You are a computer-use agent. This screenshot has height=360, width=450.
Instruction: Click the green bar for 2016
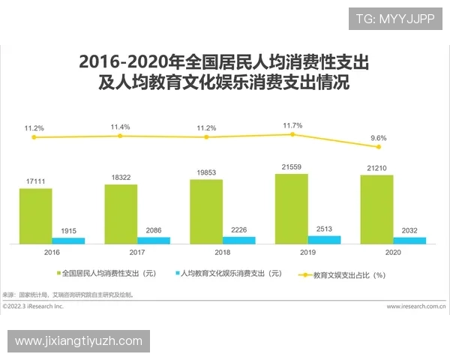point(36,216)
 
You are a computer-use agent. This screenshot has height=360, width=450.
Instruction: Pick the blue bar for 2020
point(409,240)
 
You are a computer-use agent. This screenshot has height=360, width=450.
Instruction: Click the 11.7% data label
point(292,125)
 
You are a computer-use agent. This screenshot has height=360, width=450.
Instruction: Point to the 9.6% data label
point(378,138)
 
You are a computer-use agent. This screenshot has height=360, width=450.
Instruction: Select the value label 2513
point(324,229)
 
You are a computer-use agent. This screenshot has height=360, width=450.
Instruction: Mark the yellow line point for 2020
point(378,147)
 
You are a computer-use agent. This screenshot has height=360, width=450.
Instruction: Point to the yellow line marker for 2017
point(120,136)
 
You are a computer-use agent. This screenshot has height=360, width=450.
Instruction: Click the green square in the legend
point(60,274)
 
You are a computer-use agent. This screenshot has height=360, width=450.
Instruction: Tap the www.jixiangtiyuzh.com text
point(78,341)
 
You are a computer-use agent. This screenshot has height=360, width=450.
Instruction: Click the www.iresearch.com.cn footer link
point(415,307)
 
